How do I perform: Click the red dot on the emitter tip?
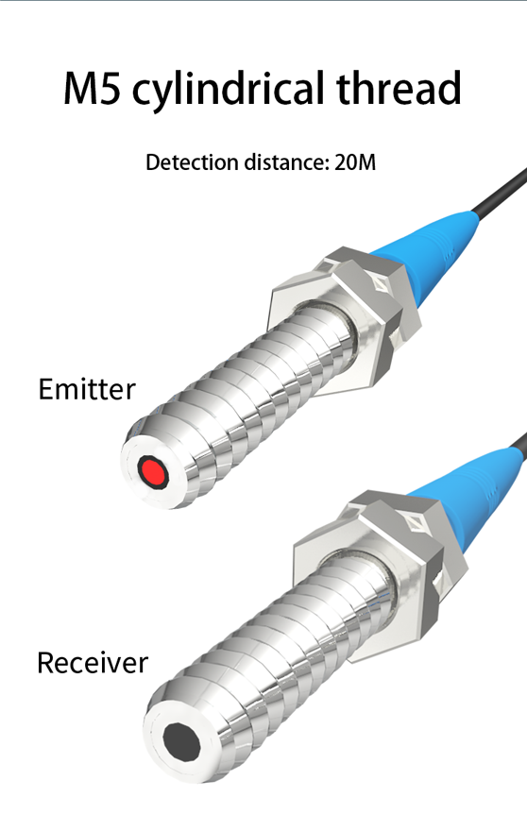152,471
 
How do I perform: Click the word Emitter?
87,389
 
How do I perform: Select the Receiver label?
93,663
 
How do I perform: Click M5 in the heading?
93,89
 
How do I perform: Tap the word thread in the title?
399,88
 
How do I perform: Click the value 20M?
355,162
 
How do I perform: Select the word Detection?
192,162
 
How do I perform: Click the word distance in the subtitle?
287,162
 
